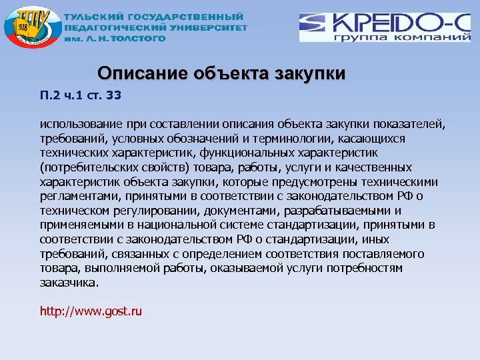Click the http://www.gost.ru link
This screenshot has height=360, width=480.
click(x=91, y=311)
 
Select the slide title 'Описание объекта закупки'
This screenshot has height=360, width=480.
click(x=221, y=73)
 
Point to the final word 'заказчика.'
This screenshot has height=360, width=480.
click(x=69, y=283)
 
